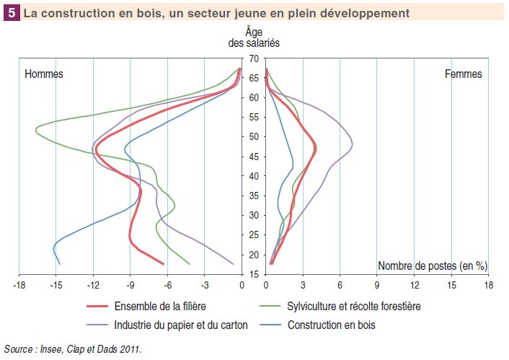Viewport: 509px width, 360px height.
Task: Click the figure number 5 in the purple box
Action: pyautogui.click(x=12, y=13)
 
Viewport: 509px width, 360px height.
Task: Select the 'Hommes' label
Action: pyautogui.click(x=44, y=74)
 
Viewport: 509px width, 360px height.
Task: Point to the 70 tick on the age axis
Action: pyautogui.click(x=254, y=58)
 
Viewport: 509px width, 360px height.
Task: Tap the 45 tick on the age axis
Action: pyautogui.click(x=254, y=156)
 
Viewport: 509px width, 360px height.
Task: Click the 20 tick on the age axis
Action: pyautogui.click(x=254, y=254)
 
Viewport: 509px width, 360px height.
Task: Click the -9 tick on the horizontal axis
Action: pyautogui.click(x=130, y=286)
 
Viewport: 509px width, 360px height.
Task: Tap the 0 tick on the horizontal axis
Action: pyautogui.click(x=242, y=286)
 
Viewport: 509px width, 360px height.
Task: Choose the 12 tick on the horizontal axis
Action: pyautogui.click(x=415, y=286)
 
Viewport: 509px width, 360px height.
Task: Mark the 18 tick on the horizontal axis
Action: pyautogui.click(x=489, y=286)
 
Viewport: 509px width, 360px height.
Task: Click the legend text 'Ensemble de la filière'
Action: pyautogui.click(x=159, y=307)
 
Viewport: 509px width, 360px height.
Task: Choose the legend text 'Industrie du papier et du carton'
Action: pyautogui.click(x=182, y=325)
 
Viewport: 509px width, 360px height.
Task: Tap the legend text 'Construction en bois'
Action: pyautogui.click(x=332, y=325)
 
